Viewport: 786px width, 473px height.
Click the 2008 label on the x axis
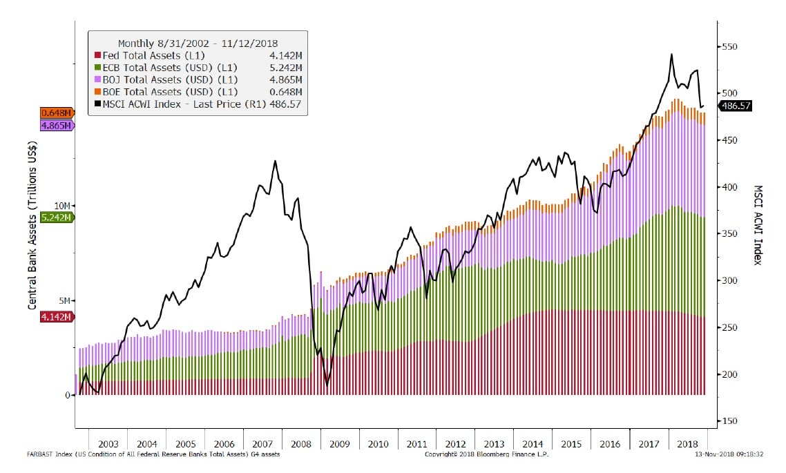point(301,443)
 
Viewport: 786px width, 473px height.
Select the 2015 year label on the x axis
point(571,443)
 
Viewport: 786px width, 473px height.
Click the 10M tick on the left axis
point(61,206)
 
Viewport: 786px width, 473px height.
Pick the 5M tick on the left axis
point(64,301)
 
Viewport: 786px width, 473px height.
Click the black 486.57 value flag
point(736,106)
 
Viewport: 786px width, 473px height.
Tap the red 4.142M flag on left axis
point(57,317)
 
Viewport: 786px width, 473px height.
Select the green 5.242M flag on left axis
point(57,217)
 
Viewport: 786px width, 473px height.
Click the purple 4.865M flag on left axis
point(57,126)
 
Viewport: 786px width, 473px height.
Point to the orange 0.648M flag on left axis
point(57,113)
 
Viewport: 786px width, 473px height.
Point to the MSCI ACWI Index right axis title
point(758,225)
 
